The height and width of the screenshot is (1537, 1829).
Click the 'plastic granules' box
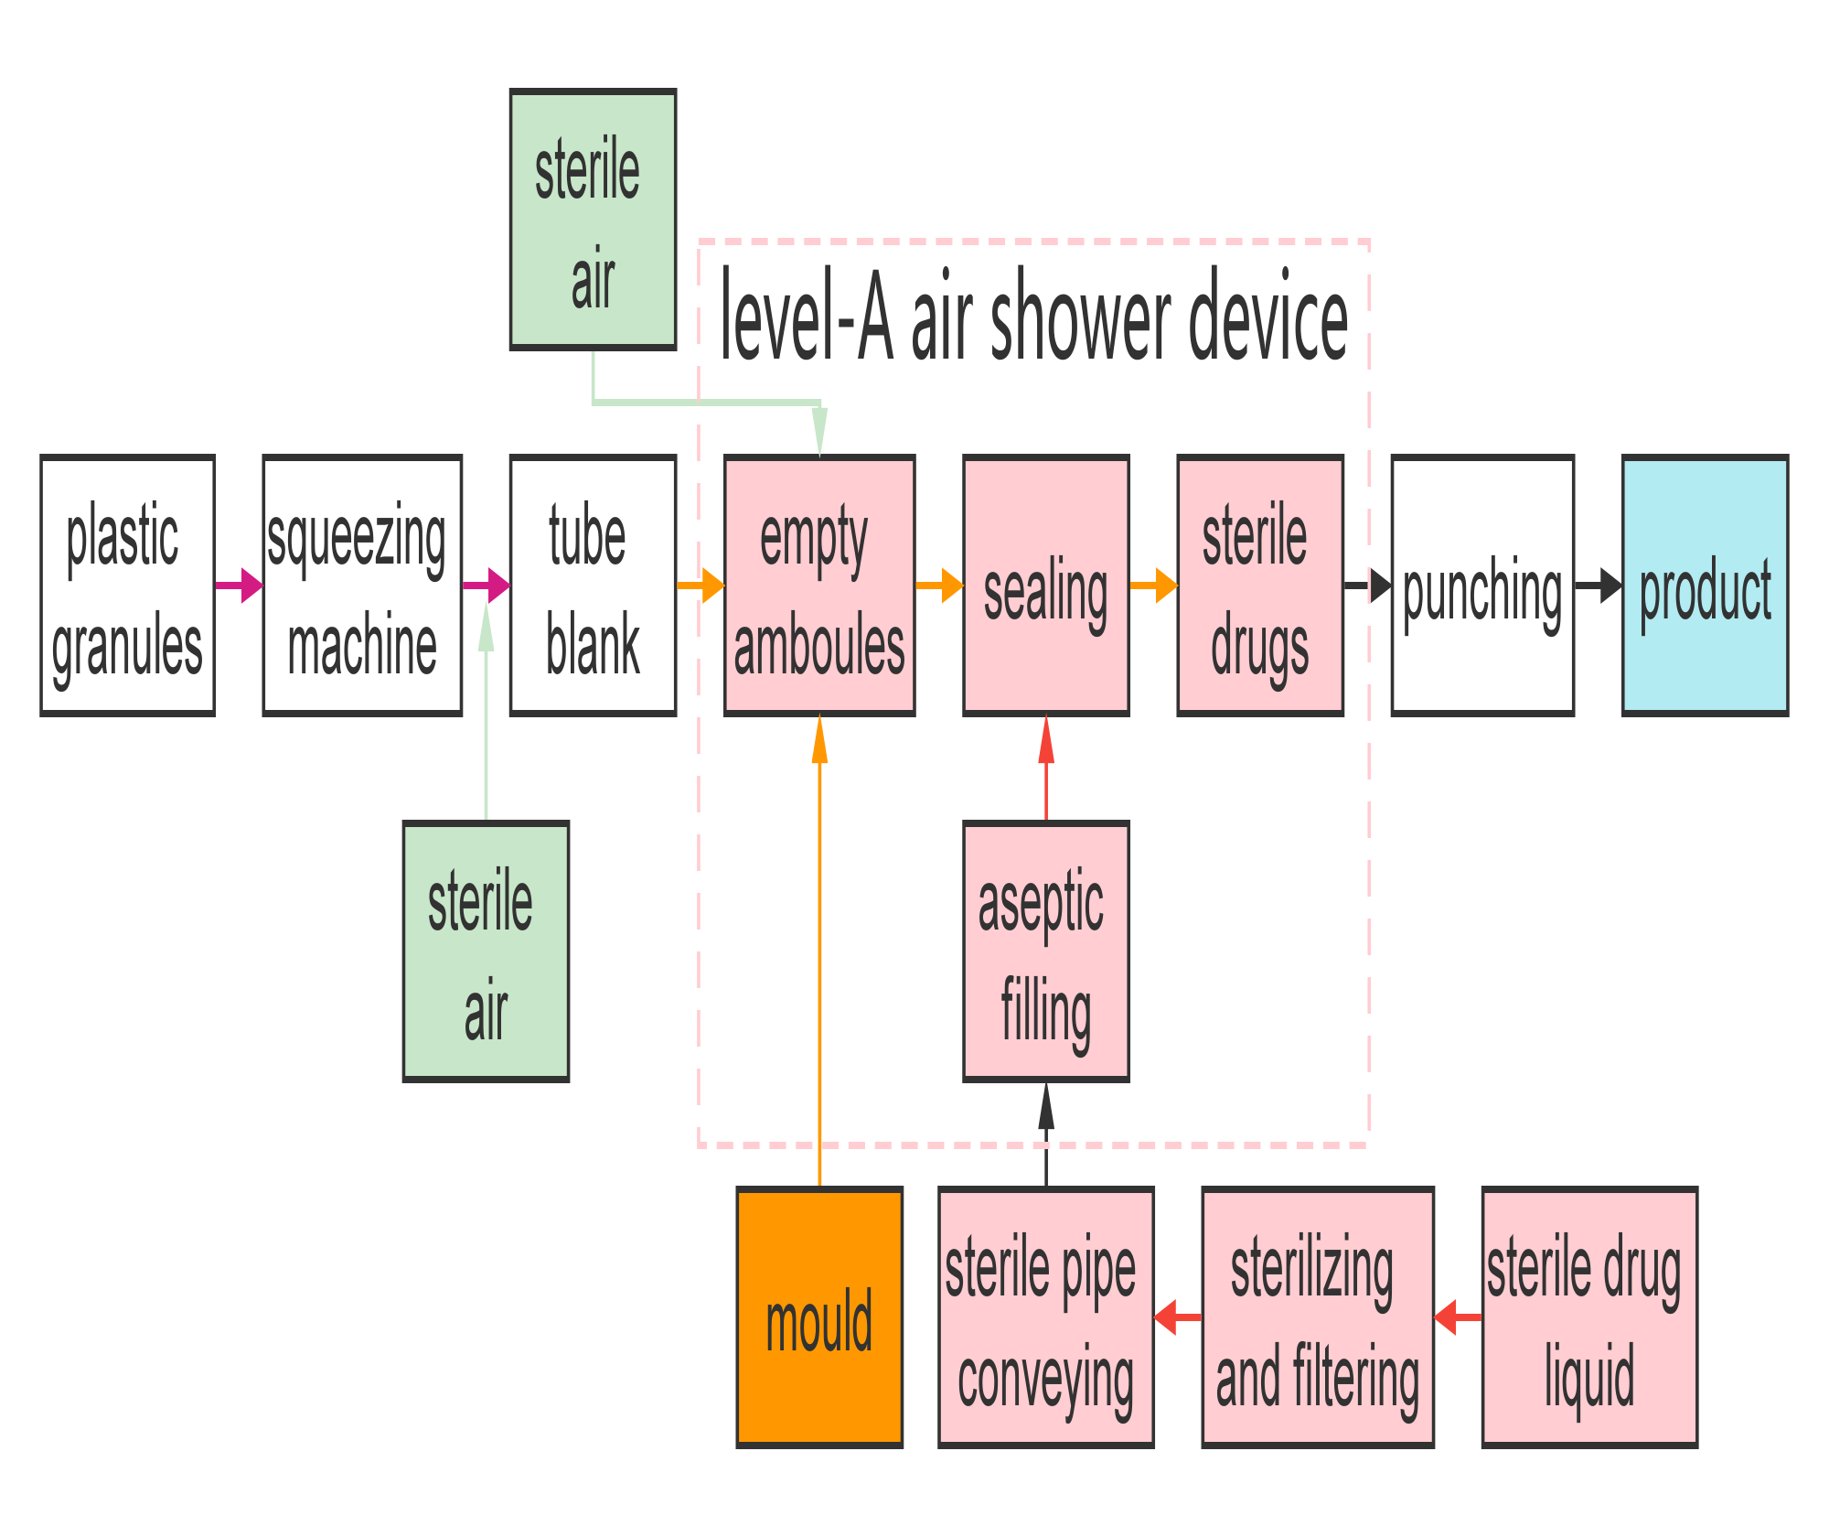point(127,586)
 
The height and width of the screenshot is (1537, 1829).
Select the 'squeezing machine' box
point(362,586)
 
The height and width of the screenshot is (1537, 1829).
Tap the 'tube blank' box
point(593,586)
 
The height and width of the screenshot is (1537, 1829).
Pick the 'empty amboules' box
point(819,586)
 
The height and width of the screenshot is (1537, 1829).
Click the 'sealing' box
point(1046,586)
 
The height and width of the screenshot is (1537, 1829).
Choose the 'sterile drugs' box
point(1260,586)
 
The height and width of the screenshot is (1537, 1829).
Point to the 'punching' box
point(1482,586)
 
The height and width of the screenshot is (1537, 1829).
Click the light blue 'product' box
point(1705,586)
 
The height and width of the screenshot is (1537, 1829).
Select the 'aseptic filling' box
point(1046,951)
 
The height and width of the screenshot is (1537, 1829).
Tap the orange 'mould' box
point(819,1317)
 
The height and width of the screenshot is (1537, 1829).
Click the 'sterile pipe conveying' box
point(1046,1317)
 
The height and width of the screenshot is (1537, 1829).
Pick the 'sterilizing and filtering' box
point(1317,1317)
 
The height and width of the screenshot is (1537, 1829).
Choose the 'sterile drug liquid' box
point(1589,1317)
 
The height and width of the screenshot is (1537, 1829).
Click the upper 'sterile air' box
point(593,220)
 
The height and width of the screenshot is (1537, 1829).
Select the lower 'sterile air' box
point(486,951)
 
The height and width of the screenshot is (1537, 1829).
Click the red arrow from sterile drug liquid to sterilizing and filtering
point(1458,1336)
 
